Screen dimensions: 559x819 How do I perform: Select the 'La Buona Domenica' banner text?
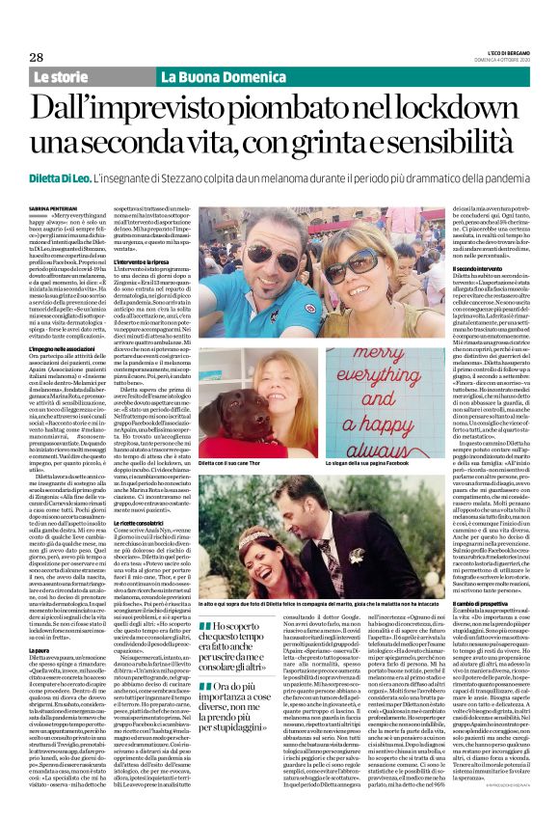(x=208, y=76)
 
